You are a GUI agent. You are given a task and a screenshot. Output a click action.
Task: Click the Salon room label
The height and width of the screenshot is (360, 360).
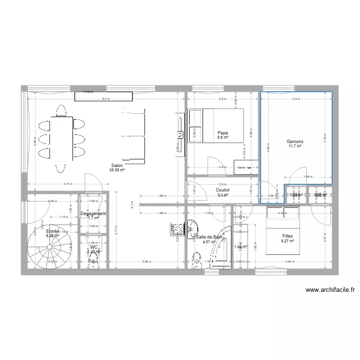coord(117,165)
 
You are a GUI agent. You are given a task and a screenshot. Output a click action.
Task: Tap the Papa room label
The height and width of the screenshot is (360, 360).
coord(222,133)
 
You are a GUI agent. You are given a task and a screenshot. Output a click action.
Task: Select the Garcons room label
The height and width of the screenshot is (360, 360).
coord(295,142)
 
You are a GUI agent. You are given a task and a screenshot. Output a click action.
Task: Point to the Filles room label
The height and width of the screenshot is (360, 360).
coord(288,236)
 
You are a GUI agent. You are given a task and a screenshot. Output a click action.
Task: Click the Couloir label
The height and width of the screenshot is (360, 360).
coord(222,190)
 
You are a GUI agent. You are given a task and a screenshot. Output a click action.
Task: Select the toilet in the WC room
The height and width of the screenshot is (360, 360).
coord(94,262)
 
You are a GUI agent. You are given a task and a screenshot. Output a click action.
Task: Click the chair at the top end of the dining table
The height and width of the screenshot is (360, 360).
coord(61,111)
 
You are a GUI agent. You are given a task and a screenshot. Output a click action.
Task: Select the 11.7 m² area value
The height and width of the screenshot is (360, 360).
coord(295,146)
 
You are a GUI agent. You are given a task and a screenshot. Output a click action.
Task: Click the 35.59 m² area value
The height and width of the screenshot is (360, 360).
coord(117,170)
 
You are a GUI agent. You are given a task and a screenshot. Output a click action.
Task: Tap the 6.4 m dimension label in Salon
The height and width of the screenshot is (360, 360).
coord(106,99)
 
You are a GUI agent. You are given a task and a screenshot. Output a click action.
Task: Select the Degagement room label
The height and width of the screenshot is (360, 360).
coord(93,214)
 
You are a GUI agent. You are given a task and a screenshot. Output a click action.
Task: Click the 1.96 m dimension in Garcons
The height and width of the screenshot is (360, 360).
coord(307,177)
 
